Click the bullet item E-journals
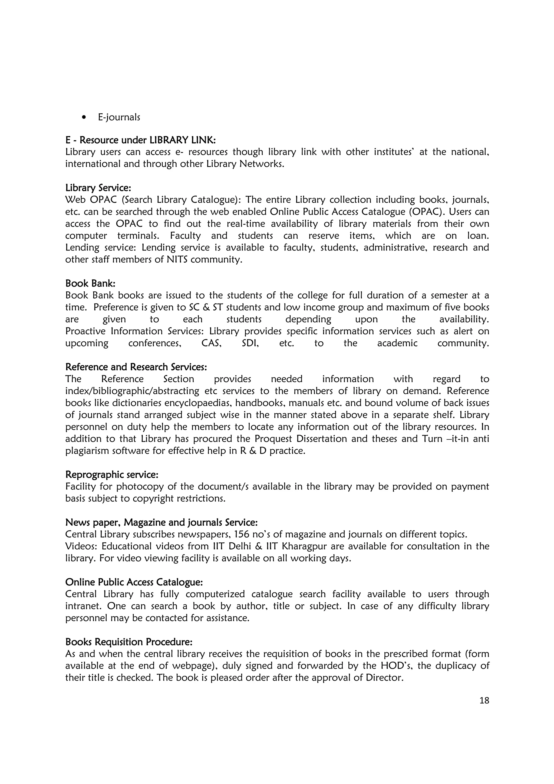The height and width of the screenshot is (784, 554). point(119,117)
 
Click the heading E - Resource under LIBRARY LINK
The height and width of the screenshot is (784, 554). point(140,140)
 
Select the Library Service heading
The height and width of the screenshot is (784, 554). point(98,188)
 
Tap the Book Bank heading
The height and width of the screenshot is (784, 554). point(90,284)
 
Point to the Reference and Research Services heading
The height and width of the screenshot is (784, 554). point(136,367)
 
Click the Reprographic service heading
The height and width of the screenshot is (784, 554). point(112,475)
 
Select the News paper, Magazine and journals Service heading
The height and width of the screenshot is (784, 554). point(161,522)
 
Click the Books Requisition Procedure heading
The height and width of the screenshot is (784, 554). point(129,642)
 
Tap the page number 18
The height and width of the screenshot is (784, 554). point(484,701)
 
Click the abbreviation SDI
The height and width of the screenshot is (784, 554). point(250,343)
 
